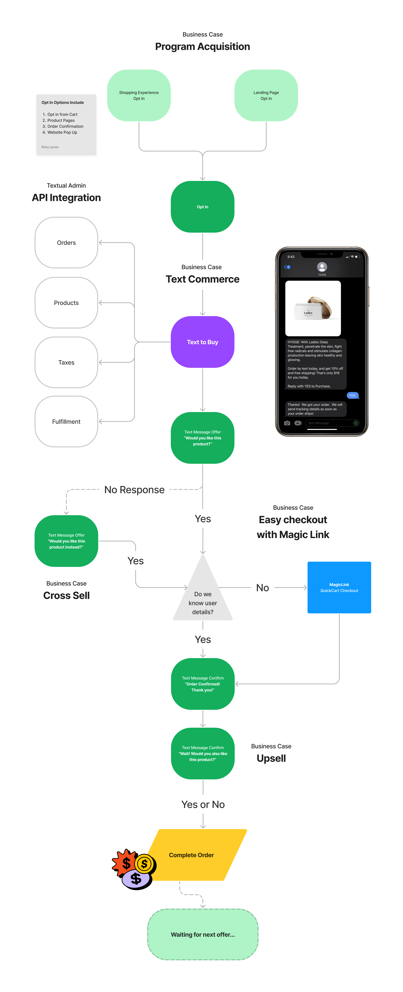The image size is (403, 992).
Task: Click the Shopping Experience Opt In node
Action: [x=139, y=96]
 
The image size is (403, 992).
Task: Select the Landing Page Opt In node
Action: [x=266, y=96]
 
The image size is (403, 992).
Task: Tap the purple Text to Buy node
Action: [x=202, y=342]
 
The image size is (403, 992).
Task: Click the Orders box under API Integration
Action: [x=66, y=243]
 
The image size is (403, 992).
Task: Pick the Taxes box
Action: [x=66, y=362]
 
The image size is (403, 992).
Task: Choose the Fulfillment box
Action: [x=66, y=422]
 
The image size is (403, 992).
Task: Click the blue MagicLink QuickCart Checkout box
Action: [x=339, y=587]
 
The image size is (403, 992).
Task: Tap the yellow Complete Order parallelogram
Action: [x=197, y=855]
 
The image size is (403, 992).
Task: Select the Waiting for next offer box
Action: [x=203, y=935]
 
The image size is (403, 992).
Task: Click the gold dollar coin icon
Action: [x=144, y=864]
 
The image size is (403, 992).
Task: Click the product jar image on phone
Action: [x=313, y=308]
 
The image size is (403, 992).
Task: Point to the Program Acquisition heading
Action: [x=202, y=47]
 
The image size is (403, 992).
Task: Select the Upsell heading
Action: [x=271, y=758]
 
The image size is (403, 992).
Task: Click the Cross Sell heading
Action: [x=66, y=595]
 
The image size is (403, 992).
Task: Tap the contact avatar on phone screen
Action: [x=322, y=267]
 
